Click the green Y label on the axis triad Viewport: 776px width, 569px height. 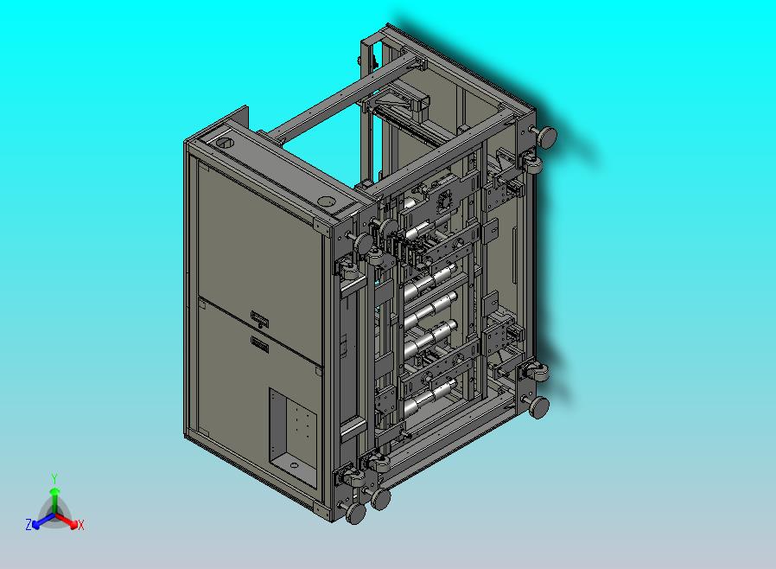click(54, 478)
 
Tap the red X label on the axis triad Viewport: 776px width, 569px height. click(81, 525)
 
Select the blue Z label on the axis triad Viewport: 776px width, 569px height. click(29, 524)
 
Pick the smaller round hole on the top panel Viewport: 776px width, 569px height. click(326, 201)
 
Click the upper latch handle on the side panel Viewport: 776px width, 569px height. click(259, 318)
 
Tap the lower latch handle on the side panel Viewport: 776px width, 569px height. click(259, 343)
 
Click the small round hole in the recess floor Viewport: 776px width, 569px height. click(294, 465)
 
